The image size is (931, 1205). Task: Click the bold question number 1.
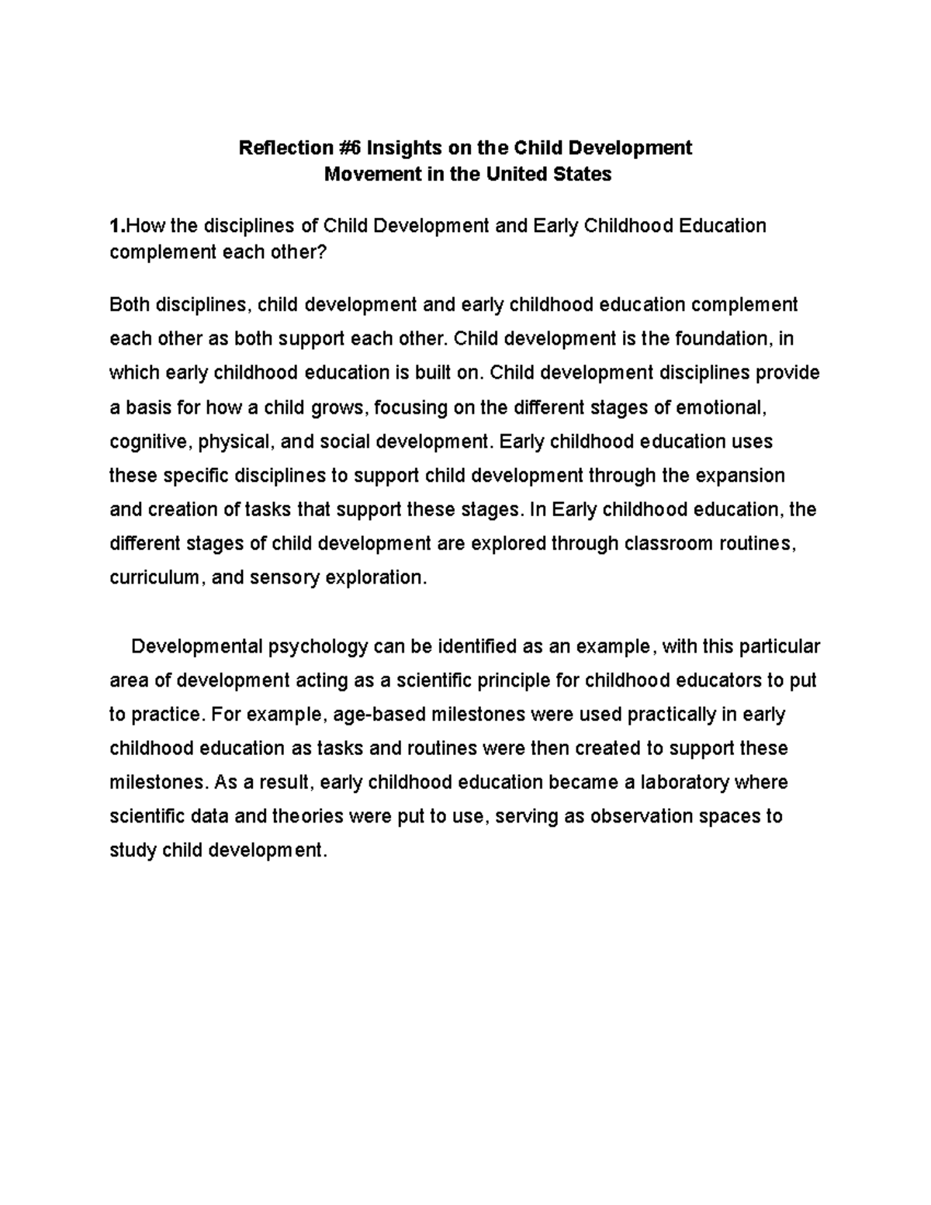coord(115,226)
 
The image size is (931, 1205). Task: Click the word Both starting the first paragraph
coord(130,305)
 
